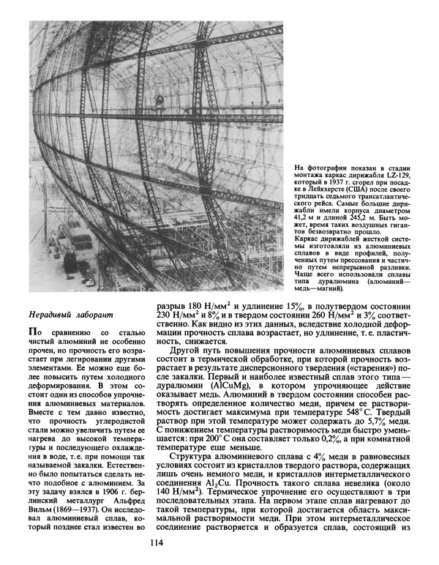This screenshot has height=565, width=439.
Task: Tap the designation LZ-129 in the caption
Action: [x=394, y=176]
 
